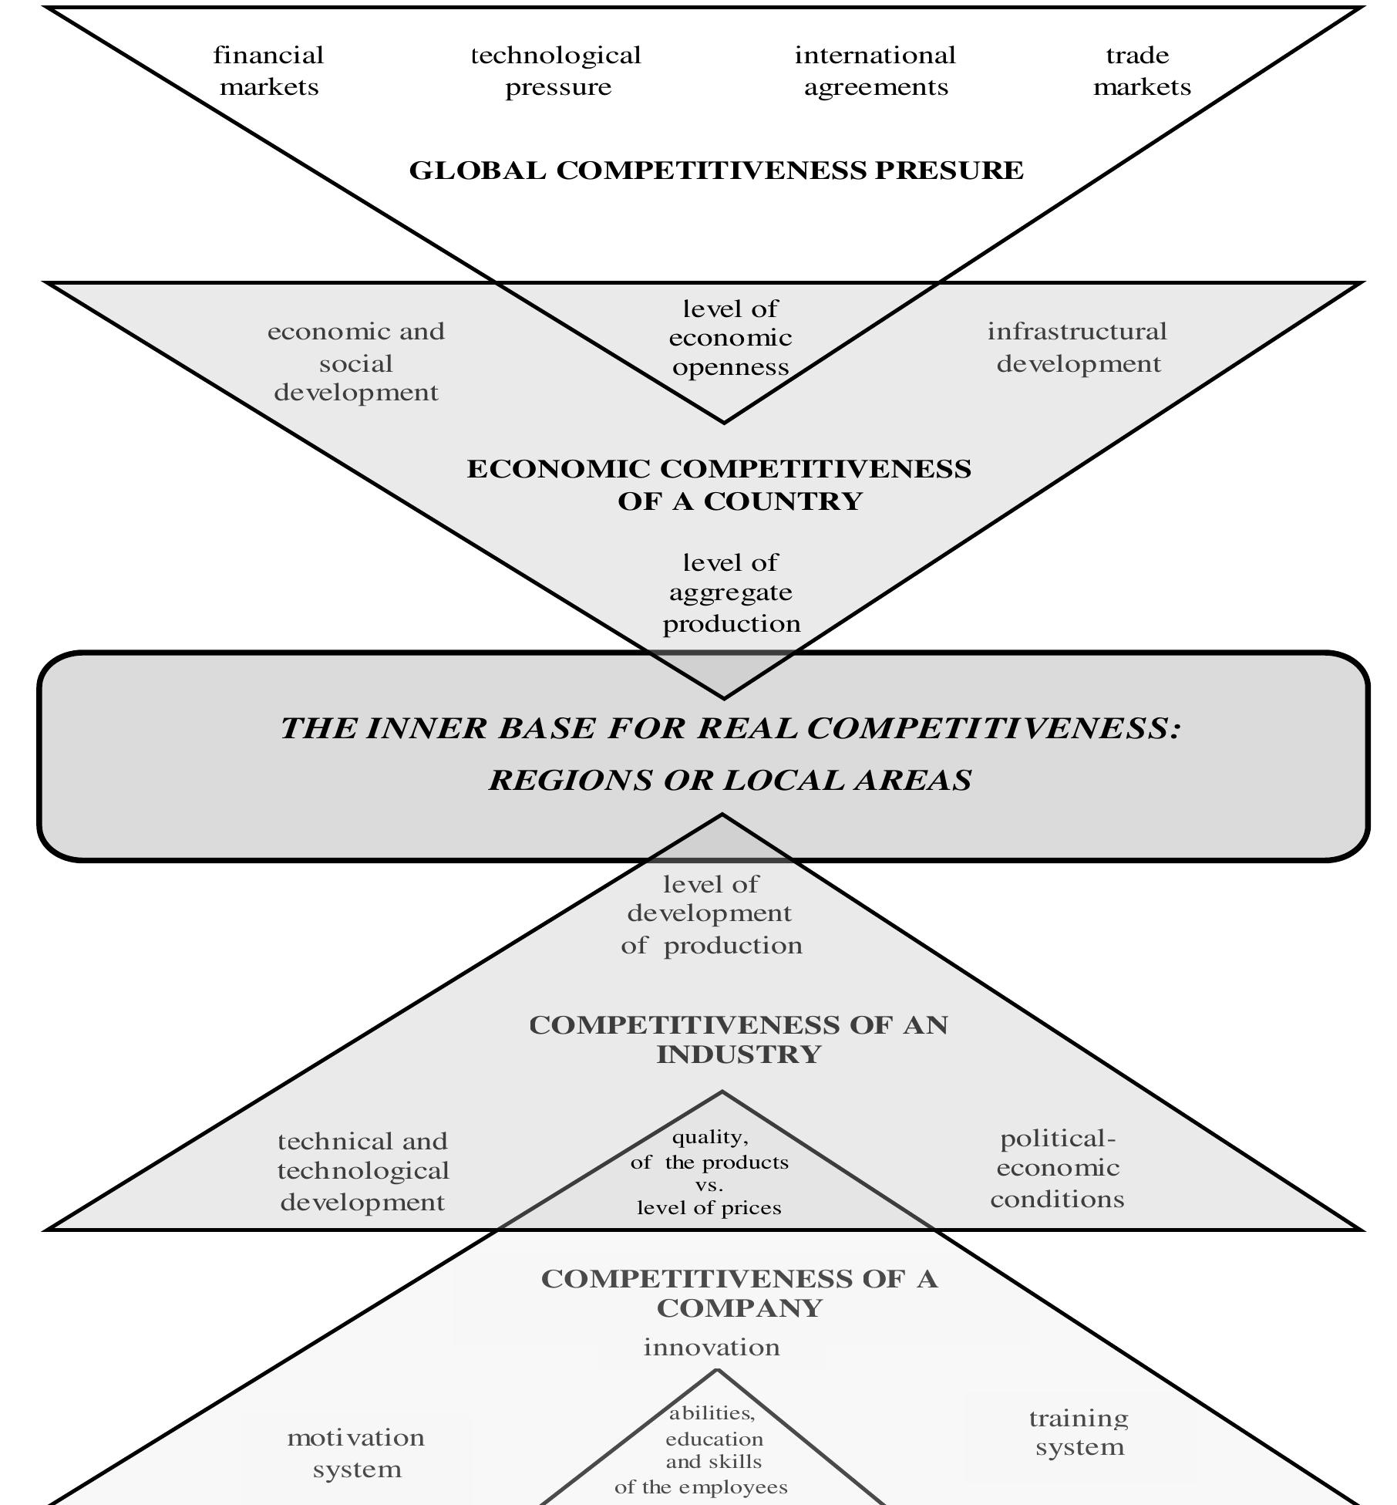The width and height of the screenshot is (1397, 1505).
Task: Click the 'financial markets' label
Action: point(268,71)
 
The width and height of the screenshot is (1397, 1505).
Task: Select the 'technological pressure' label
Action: point(557,71)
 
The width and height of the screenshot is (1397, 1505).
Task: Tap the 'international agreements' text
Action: point(875,71)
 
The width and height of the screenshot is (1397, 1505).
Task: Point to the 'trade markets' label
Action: point(1141,71)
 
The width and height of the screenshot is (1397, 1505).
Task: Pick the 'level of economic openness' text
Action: point(729,338)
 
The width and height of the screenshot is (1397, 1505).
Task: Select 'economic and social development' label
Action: point(356,362)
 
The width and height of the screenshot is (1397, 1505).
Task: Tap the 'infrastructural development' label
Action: point(1077,347)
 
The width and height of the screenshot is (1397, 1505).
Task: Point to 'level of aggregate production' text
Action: point(731,592)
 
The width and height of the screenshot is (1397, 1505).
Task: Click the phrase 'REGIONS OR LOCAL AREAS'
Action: point(729,780)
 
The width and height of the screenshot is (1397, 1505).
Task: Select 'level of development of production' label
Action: point(711,914)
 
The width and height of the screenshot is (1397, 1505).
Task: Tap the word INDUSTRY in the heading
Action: point(738,1055)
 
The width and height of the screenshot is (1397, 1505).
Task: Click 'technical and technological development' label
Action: point(362,1171)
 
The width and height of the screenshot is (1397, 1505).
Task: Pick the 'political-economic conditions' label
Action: point(1057,1168)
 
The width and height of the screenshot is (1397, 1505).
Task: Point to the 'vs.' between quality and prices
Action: point(709,1185)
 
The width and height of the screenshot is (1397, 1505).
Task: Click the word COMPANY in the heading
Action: point(738,1308)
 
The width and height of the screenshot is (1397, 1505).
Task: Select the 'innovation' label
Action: point(711,1348)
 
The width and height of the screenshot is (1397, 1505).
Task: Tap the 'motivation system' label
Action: point(356,1453)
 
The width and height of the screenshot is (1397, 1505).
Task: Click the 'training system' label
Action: point(1079,1432)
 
